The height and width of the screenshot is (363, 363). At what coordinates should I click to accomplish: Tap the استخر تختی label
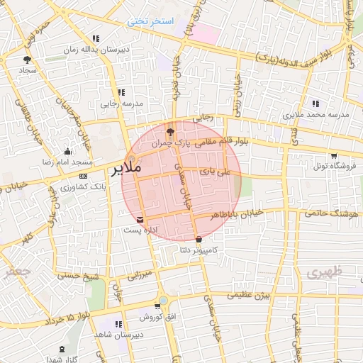[x=150, y=21]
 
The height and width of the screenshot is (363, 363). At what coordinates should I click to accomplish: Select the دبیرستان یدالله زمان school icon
[x=95, y=38]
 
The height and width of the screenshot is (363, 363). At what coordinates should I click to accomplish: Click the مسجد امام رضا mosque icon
[x=67, y=150]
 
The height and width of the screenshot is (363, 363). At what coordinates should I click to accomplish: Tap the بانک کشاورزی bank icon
[x=84, y=175]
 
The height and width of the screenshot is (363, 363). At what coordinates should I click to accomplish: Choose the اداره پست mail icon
[x=139, y=219]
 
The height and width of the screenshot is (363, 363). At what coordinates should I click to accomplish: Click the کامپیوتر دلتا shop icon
[x=198, y=239]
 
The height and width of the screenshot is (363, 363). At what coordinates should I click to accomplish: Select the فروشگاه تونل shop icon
[x=333, y=155]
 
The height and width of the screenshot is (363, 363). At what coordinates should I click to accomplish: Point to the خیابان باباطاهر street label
[x=238, y=214]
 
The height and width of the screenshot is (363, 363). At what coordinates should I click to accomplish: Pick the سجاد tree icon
[x=27, y=60]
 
